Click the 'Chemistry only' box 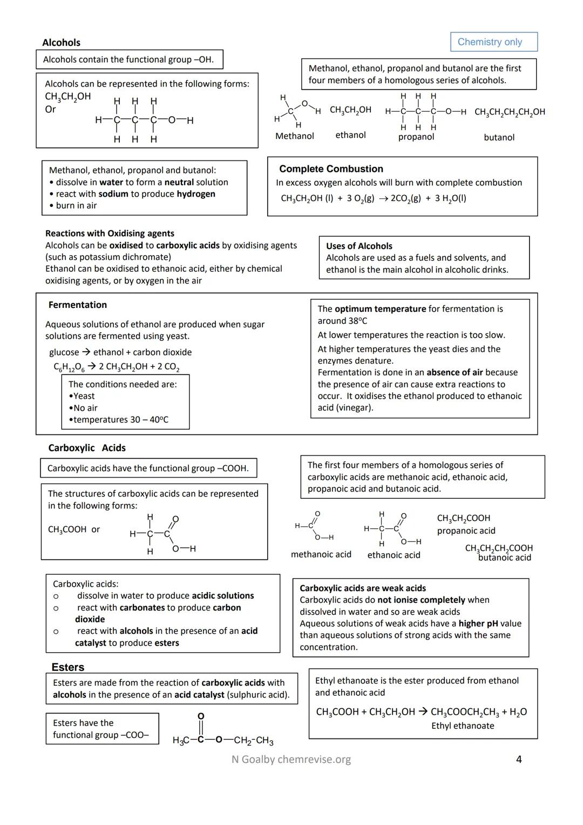click(x=494, y=42)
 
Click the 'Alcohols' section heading click(x=61, y=43)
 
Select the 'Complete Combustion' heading click(x=331, y=169)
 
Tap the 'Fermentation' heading click(x=78, y=305)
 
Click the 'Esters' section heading click(x=68, y=667)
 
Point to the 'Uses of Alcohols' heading click(x=359, y=246)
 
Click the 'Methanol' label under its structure click(x=294, y=136)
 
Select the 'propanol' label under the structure click(x=416, y=137)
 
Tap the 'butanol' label click(x=499, y=138)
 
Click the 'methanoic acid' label click(x=321, y=554)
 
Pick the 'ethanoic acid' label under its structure click(x=394, y=555)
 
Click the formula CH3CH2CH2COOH click(x=499, y=548)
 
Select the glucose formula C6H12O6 click(x=69, y=367)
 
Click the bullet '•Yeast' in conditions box click(x=82, y=396)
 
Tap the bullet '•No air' click(x=83, y=408)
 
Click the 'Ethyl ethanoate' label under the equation click(x=463, y=726)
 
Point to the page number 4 click(x=519, y=760)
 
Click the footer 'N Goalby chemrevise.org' click(x=291, y=760)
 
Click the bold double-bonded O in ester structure click(x=201, y=716)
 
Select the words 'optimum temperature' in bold click(x=380, y=309)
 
